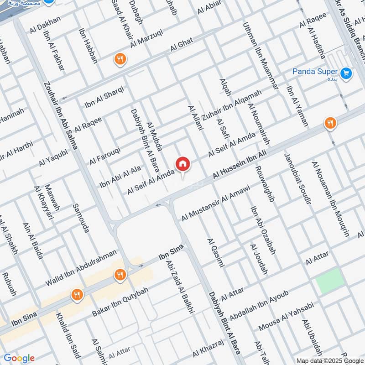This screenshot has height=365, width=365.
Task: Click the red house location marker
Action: click(x=183, y=164)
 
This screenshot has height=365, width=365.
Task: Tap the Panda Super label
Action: click(x=315, y=72)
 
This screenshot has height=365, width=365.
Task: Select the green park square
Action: click(x=330, y=281)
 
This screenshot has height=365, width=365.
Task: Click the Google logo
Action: click(x=19, y=358)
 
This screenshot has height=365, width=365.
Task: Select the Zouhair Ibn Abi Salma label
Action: click(x=61, y=116)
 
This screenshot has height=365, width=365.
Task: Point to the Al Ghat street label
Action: click(x=182, y=46)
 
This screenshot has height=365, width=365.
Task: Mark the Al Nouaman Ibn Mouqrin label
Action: click(x=330, y=198)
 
